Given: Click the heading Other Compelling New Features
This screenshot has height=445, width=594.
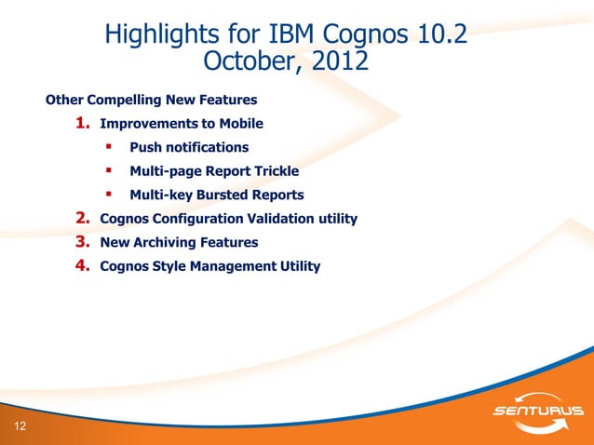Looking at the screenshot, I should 152,99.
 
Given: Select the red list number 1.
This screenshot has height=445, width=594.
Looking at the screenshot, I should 82,123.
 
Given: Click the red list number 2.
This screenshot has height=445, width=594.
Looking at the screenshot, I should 82,219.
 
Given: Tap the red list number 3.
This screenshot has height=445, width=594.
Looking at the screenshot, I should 82,242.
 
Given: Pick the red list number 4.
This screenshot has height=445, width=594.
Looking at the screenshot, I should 82,266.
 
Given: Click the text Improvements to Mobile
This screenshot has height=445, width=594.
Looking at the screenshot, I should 182,124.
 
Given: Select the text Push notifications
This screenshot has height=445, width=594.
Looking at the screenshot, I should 189,147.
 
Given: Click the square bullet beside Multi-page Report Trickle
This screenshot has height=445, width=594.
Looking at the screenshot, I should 109,170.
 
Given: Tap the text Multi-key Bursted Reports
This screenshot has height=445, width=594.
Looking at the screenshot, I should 217,195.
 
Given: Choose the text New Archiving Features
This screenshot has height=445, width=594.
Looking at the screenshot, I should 179,242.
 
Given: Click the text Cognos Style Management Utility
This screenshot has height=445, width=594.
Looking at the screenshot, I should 209,266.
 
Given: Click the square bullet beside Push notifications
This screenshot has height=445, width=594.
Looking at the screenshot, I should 109,146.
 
